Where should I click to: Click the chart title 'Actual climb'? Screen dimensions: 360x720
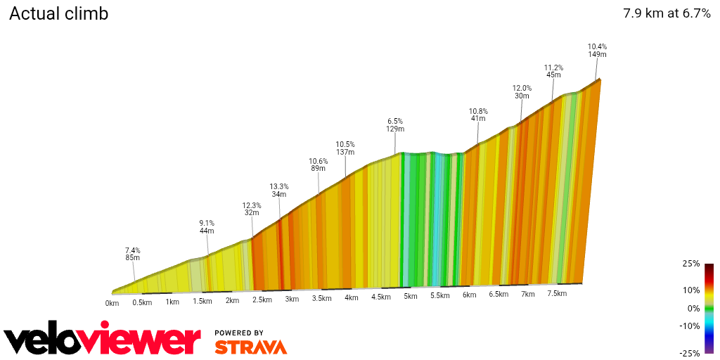58,13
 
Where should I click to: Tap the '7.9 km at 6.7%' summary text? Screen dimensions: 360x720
667,13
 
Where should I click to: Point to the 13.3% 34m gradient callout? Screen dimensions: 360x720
279,191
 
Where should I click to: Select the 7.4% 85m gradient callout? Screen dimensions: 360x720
133,254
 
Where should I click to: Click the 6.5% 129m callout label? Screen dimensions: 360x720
394,125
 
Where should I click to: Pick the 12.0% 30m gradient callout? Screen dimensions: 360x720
522,92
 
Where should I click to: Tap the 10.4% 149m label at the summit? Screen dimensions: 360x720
597,51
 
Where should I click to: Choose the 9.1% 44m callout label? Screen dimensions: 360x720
207,227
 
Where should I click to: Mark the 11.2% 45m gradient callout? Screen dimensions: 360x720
553,72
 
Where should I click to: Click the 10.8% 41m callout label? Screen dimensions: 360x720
478,115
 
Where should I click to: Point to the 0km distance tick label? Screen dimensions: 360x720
112,303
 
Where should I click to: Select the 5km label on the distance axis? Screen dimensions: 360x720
411,296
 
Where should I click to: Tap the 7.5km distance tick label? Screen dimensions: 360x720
557,294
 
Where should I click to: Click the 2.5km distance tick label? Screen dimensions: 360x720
262,300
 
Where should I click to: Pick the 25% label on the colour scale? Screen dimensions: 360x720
691,264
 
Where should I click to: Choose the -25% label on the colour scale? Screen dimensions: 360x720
690,353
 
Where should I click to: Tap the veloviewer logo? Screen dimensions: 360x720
103,340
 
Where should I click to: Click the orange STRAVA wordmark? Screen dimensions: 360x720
250,347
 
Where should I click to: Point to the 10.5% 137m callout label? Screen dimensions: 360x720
345,148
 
